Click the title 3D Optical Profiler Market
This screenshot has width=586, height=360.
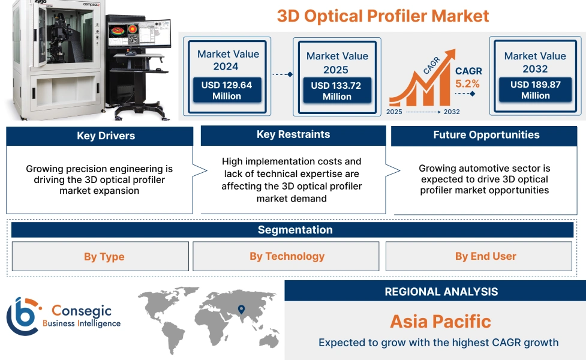pos(383,16)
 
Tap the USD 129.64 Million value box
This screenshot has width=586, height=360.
pos(227,91)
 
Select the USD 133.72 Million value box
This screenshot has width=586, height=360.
pos(336,91)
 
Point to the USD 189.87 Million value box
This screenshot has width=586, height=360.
pos(535,90)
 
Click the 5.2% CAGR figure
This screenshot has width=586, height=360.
pos(467,84)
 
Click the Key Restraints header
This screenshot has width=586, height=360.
pos(293,135)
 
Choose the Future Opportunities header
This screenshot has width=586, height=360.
pos(486,135)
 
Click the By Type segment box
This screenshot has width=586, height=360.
pos(104,257)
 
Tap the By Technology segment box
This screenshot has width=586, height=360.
pos(287,256)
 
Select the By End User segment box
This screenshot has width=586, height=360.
pos(485,256)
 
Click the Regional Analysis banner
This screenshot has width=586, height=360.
pos(441,292)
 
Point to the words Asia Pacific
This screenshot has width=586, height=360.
pos(440,321)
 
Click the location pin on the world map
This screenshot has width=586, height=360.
pos(241,310)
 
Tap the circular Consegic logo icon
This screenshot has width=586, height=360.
pos(22,316)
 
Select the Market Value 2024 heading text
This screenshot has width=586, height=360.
pos(227,60)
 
